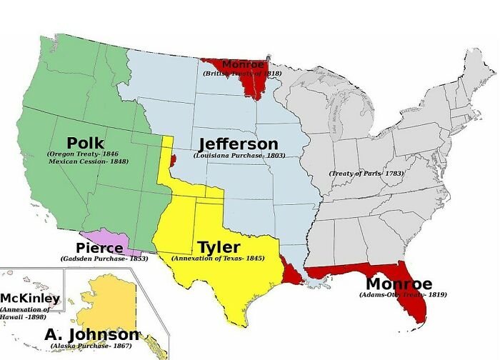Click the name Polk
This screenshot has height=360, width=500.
pos(85,143)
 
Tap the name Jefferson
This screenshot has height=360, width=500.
pos(238,144)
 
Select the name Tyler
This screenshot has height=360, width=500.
pos(219,247)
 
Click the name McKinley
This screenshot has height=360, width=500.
pos(30,298)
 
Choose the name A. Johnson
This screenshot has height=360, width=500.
pos(92,334)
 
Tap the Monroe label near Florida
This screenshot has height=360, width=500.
pos(398,284)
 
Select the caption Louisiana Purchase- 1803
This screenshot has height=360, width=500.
pos(239,155)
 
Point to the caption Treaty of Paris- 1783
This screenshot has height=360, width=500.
pos(366,174)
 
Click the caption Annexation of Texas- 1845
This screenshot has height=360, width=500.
pos(219,258)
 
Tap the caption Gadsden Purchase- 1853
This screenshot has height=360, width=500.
pos(104,258)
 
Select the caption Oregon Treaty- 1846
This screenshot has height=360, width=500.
pos(84,154)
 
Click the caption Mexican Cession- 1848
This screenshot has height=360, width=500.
pos(89,162)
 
